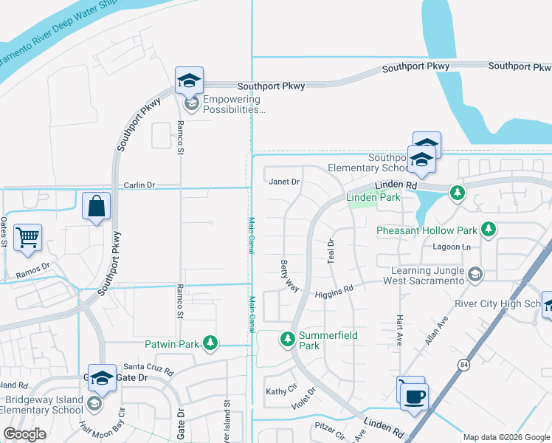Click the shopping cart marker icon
coord(27,238)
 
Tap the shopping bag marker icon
coord(97,207)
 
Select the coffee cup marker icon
coord(415,394)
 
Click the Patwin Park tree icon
coord(211,343)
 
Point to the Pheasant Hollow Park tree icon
coord(488,230)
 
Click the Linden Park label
coord(373,197)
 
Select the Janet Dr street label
coord(284,182)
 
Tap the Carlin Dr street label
coord(139,185)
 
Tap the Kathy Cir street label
coord(279,391)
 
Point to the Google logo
coord(24,434)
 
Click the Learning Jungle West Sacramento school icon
coord(475,275)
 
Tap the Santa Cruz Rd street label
coord(148,367)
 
